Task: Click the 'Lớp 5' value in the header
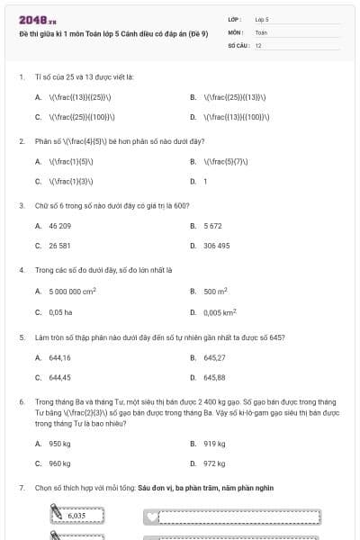tap(262, 18)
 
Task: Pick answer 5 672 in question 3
tap(212, 225)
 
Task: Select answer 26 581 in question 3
tap(59, 245)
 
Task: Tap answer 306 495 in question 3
tap(216, 245)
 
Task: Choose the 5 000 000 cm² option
tap(72, 291)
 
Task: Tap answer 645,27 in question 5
tap(214, 357)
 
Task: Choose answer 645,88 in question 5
tap(214, 377)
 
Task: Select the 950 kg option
tap(59, 443)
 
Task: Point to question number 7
tap(21, 488)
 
